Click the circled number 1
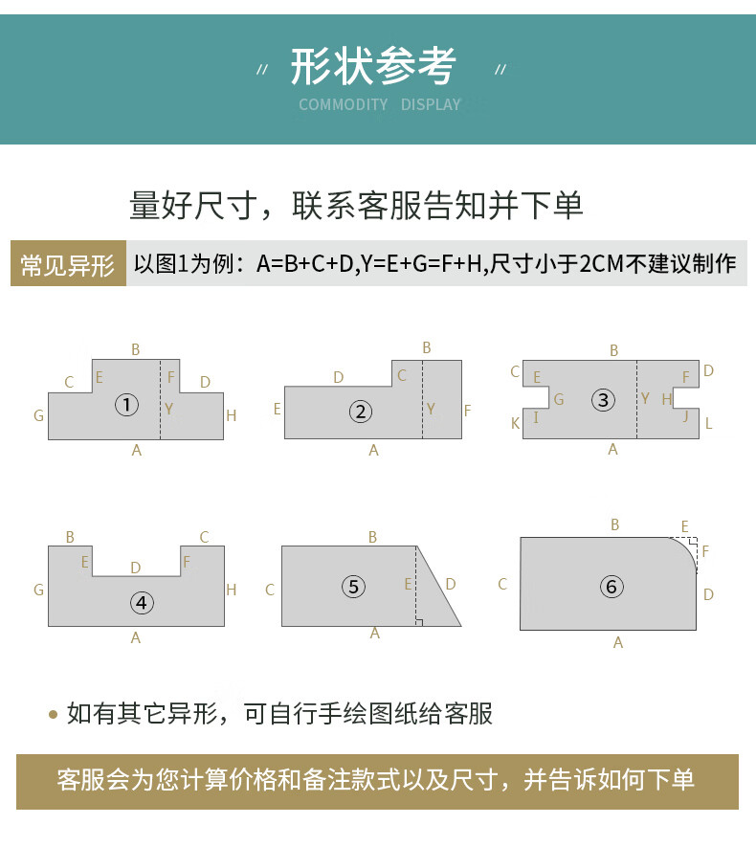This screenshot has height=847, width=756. [x=127, y=405]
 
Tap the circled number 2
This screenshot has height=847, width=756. [x=360, y=412]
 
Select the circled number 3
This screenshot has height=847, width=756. [x=603, y=400]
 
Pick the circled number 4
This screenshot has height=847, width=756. [x=142, y=602]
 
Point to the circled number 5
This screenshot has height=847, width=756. [x=354, y=586]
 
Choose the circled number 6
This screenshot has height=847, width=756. [x=611, y=586]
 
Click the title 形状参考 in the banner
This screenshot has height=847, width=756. [x=373, y=66]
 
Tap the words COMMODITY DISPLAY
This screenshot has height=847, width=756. [x=380, y=104]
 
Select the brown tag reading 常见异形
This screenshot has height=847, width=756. [x=68, y=263]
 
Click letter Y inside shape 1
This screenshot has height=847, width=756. [x=169, y=409]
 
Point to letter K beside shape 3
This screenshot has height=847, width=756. [x=515, y=423]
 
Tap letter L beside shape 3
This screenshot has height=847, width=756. [x=708, y=423]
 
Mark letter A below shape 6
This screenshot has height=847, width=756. [x=618, y=642]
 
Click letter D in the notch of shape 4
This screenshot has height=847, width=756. [x=136, y=568]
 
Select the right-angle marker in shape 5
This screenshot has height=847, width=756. [x=419, y=622]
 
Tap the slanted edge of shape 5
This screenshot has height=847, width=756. [x=438, y=586]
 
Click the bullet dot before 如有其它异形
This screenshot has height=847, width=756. [x=53, y=714]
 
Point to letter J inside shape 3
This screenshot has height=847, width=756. [x=686, y=415]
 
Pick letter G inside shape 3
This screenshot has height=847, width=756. [x=559, y=399]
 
